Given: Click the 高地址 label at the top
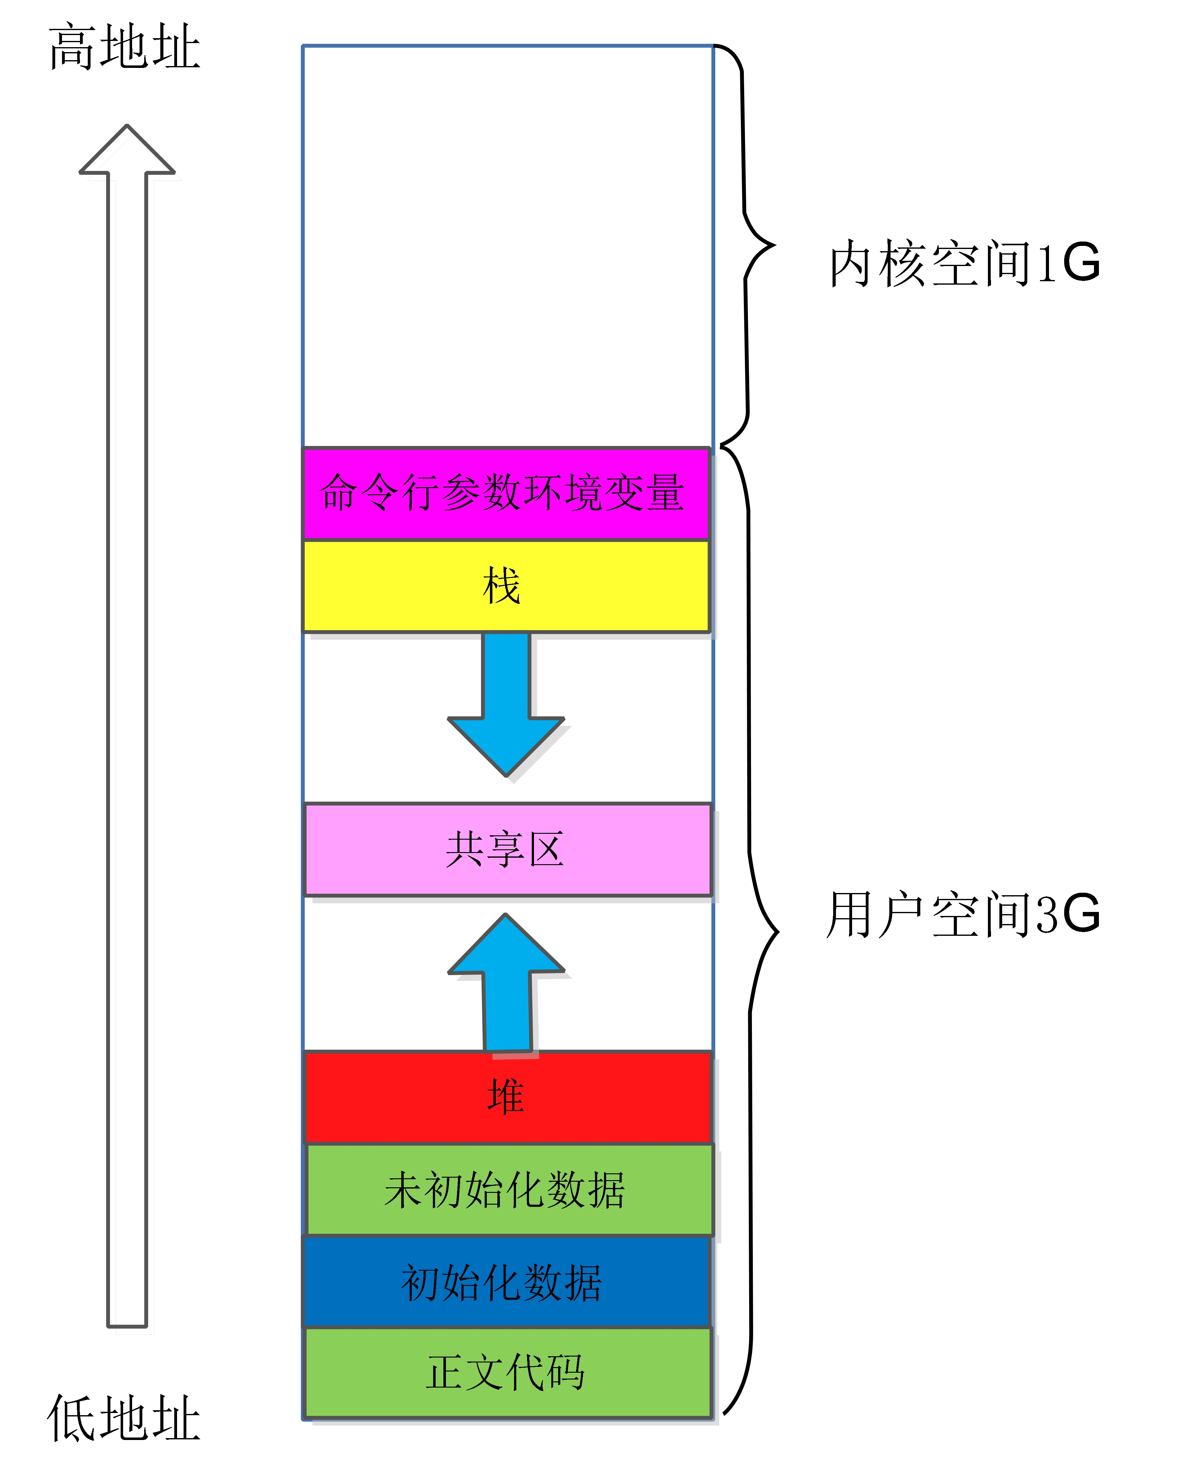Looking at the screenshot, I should click(x=124, y=47).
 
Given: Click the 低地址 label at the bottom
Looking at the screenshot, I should click(x=124, y=1419).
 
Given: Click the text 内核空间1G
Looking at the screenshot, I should click(x=964, y=263).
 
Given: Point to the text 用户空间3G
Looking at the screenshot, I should click(x=963, y=914).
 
